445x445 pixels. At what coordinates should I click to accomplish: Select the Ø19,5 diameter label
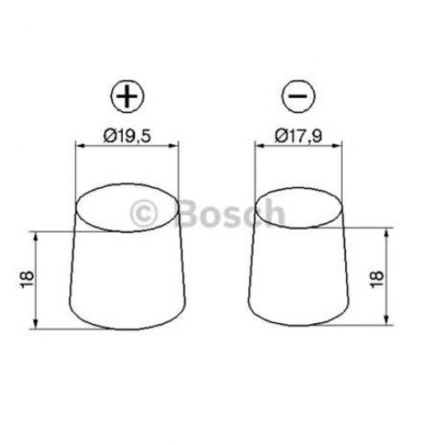click(x=127, y=136)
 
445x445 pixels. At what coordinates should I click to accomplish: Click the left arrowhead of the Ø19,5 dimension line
click(x=80, y=147)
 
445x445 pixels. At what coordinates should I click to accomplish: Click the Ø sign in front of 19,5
click(x=110, y=136)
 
